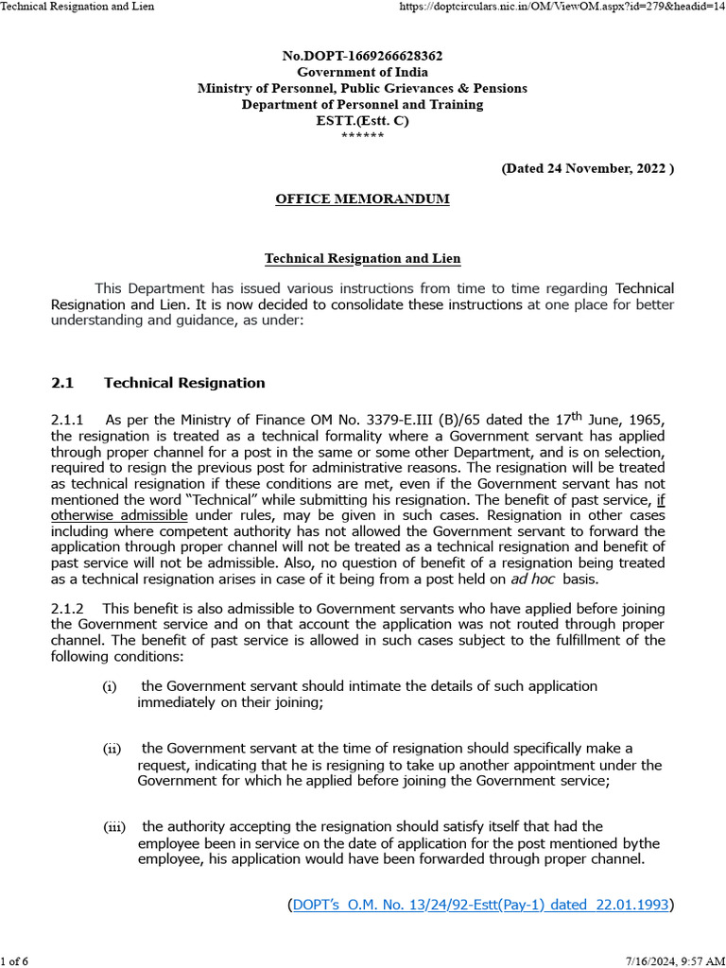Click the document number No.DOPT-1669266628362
(x=362, y=57)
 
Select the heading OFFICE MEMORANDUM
(x=362, y=199)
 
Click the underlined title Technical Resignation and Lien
(x=362, y=258)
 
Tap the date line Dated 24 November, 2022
(x=587, y=168)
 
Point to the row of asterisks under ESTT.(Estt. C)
(x=362, y=136)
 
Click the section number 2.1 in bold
(x=62, y=383)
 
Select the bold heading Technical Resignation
(x=184, y=383)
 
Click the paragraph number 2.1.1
(x=67, y=420)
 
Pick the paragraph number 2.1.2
(x=67, y=609)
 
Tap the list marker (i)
(x=110, y=687)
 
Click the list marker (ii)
(x=112, y=749)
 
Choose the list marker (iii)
(x=113, y=827)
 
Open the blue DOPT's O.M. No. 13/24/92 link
(x=481, y=905)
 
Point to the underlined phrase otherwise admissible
(x=119, y=515)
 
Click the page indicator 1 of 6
(x=15, y=961)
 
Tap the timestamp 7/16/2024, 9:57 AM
(x=675, y=961)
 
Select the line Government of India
(x=362, y=72)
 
